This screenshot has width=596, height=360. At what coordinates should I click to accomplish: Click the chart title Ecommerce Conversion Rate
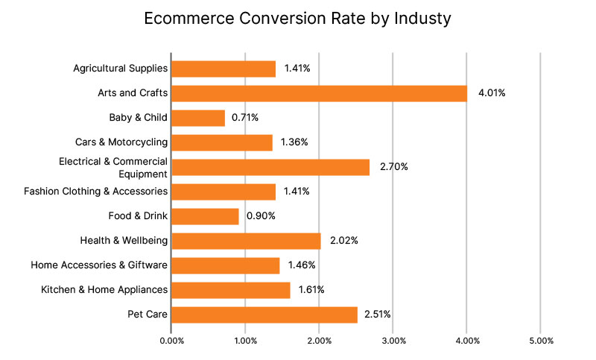coord(297,19)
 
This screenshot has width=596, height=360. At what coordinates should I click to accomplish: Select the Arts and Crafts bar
coord(319,93)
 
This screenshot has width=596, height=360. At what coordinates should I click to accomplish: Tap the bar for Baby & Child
coord(198,118)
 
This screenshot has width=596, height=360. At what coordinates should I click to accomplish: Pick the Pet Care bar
coord(264,315)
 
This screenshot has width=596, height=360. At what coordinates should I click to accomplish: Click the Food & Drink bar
coord(205,216)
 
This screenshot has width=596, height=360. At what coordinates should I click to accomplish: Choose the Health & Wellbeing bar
coord(246,241)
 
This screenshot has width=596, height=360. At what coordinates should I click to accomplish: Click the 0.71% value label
coord(247,118)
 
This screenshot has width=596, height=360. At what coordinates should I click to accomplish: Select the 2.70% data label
coord(393,167)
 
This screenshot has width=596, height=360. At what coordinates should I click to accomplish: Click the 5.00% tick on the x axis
coord(541,341)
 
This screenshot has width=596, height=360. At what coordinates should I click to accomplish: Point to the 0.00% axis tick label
coord(172,341)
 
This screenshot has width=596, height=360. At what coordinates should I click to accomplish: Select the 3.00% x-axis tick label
coord(393,341)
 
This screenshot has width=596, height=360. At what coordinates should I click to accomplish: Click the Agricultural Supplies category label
coord(120,69)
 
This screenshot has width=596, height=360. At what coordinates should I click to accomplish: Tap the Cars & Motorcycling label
coord(121,142)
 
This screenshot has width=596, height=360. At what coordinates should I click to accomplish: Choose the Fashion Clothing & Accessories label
coord(95,192)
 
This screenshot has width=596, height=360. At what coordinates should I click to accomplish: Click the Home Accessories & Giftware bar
coord(226,265)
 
